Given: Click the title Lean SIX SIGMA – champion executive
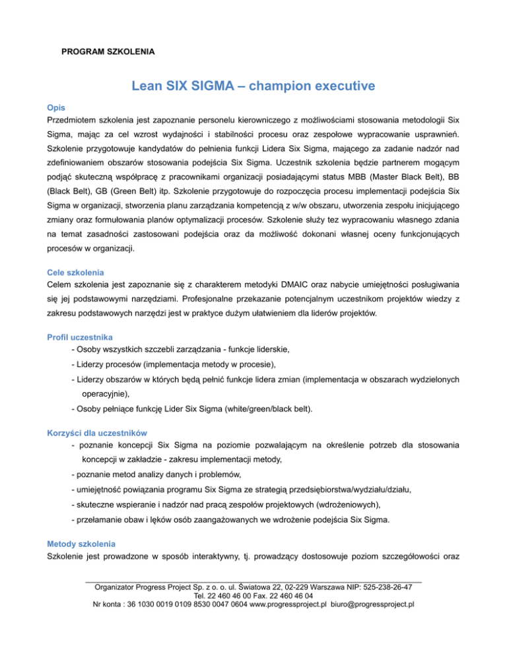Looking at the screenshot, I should coord(253,86).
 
